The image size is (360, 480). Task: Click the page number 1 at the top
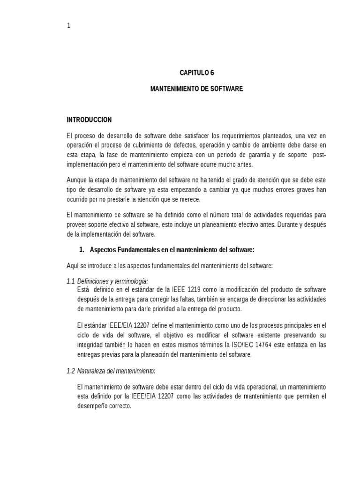68,26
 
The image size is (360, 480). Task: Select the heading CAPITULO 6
196,73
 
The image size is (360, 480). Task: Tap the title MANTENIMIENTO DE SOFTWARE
196,88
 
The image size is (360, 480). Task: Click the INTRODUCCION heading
90,120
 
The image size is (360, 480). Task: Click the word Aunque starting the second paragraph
77,180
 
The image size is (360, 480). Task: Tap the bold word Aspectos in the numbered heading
105,250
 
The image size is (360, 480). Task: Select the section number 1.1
71,281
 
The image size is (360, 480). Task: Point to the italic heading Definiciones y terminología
112,281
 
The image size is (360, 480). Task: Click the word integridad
93,345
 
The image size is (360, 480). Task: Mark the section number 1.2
71,371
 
